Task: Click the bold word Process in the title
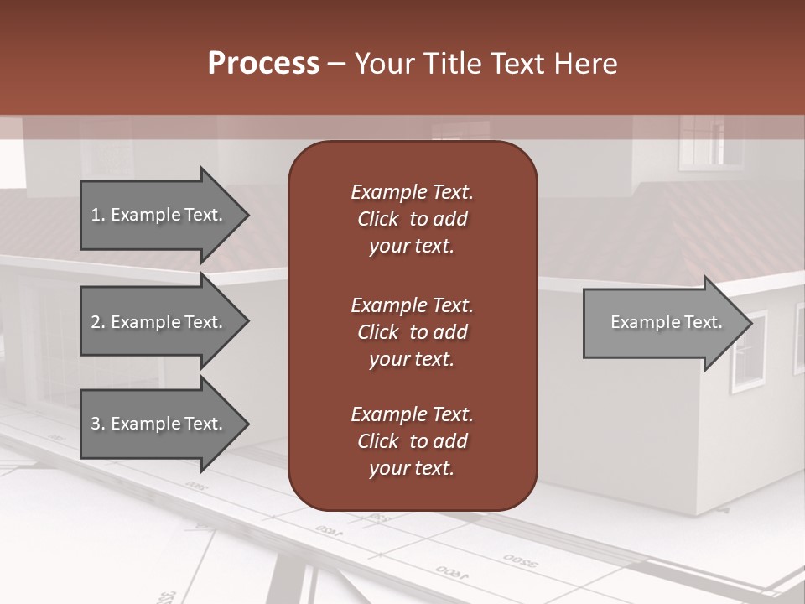(x=263, y=64)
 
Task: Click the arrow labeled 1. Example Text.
(x=159, y=215)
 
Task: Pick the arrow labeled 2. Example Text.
(x=159, y=322)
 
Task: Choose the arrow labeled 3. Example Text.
(x=159, y=424)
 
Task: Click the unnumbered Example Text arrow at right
(x=662, y=322)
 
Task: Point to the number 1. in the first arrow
(x=97, y=215)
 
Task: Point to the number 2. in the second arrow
(x=97, y=322)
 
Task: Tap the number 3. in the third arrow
(x=97, y=424)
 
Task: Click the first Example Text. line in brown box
(x=412, y=192)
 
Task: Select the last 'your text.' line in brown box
(x=412, y=468)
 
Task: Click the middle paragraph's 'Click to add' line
(x=412, y=332)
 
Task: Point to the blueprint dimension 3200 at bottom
(x=522, y=560)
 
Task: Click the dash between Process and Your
(x=336, y=64)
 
